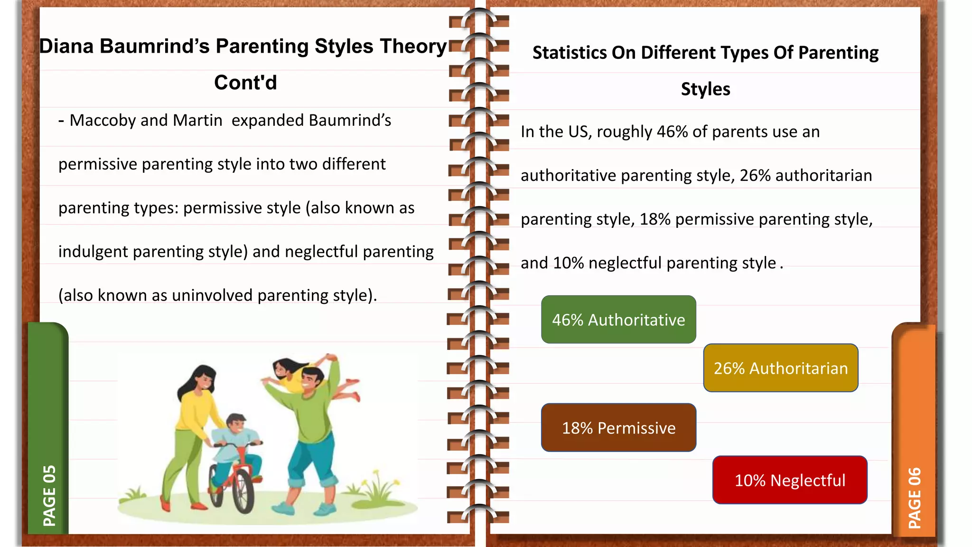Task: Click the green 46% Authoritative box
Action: pos(618,320)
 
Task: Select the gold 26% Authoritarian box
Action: pos(781,368)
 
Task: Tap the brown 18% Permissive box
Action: pos(618,428)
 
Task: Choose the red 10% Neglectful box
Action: pos(790,480)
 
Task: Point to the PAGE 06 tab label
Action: pos(914,498)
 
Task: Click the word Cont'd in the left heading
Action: pos(245,83)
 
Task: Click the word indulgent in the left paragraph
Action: pos(93,252)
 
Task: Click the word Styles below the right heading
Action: pos(705,89)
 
